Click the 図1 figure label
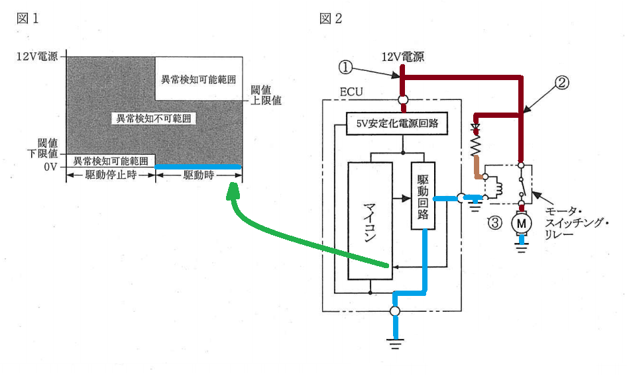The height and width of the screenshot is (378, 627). tap(28, 19)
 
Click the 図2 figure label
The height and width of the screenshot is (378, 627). tap(331, 19)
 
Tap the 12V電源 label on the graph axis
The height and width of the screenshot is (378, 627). tap(37, 56)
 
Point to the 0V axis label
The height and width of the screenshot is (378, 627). tap(50, 167)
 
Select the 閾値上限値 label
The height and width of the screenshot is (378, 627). tap(266, 95)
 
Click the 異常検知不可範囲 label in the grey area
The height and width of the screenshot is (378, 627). tap(154, 118)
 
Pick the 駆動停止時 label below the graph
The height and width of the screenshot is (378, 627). tap(111, 175)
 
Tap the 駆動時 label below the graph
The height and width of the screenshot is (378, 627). tap(199, 175)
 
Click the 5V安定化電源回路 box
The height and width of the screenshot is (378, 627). tap(396, 124)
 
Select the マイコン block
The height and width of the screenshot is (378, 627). tap(370, 221)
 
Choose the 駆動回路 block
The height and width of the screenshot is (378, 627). tap(423, 196)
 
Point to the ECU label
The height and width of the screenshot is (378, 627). tap(351, 92)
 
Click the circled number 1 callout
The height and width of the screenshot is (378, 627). tap(345, 67)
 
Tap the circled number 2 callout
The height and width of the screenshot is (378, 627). tap(561, 83)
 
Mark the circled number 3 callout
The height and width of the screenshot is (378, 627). tap(494, 222)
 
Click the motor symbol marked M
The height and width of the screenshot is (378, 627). tap(522, 223)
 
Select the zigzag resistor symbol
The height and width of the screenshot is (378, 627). tap(475, 144)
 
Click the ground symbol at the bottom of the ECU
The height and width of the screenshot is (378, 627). tap(395, 344)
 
